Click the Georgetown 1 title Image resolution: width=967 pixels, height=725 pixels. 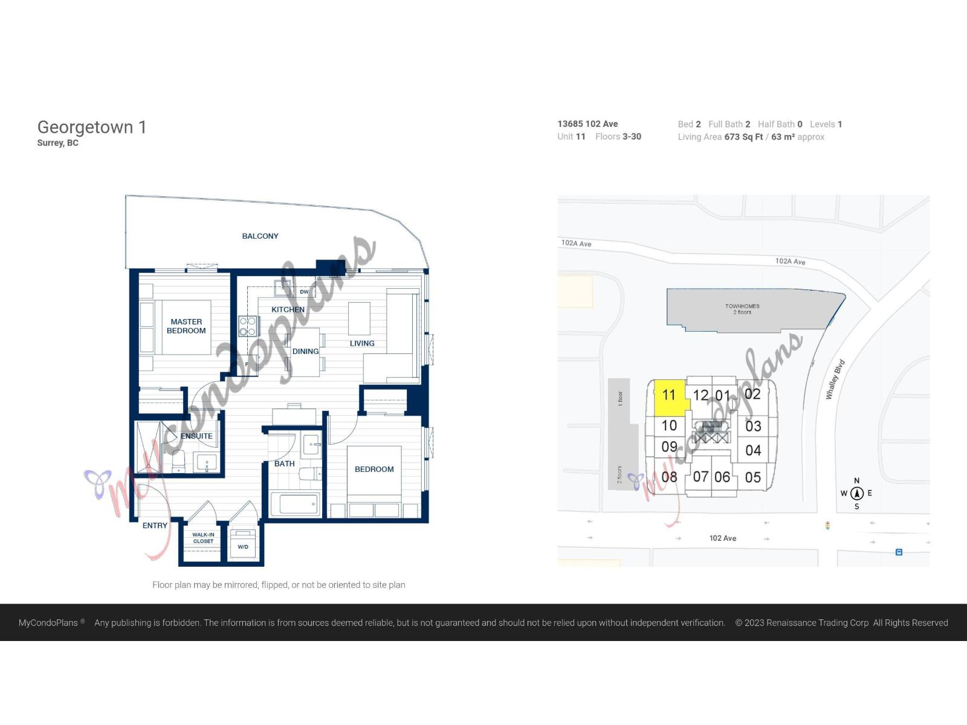(x=91, y=127)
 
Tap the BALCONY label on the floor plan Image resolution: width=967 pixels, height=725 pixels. (x=260, y=236)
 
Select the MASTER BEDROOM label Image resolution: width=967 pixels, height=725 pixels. (x=186, y=326)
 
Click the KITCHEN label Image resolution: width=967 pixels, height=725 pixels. (x=288, y=309)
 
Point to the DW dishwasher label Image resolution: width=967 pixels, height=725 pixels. (x=304, y=292)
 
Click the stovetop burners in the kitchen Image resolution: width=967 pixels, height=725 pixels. (x=248, y=327)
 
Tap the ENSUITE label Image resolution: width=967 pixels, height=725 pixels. (x=196, y=436)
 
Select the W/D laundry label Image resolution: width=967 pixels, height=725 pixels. (x=243, y=547)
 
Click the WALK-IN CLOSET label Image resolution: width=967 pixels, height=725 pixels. (x=203, y=538)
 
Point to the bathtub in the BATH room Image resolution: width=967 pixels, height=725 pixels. (x=295, y=504)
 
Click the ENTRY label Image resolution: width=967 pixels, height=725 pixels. (x=155, y=526)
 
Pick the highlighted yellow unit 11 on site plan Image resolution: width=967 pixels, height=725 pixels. (x=668, y=396)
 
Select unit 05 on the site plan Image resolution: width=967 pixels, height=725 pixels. (x=752, y=478)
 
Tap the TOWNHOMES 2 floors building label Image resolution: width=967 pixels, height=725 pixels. (x=742, y=309)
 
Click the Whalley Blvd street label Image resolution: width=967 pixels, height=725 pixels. (x=835, y=379)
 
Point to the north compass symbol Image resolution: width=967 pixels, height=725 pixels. (x=856, y=494)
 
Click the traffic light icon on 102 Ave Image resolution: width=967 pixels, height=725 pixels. (x=827, y=526)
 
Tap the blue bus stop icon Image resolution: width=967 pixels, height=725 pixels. (x=899, y=552)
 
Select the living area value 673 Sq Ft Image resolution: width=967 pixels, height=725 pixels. (x=743, y=137)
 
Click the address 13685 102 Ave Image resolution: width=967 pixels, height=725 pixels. (x=587, y=124)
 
